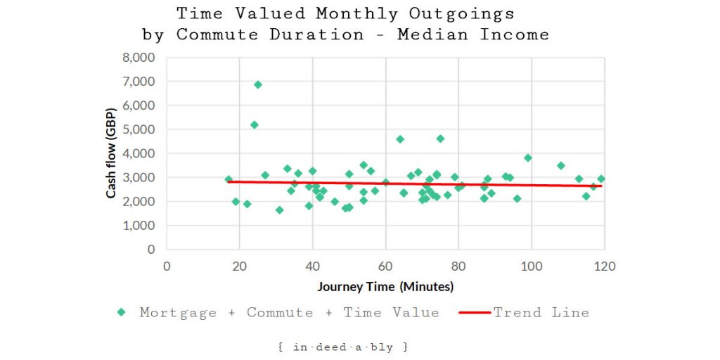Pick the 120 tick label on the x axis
[x=605, y=266]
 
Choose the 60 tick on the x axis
[x=385, y=266]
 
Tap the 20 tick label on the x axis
[x=239, y=266]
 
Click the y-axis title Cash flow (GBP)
[x=112, y=153]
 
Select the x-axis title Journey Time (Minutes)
[x=385, y=286]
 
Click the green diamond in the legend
[x=122, y=312]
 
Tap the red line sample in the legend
[x=475, y=312]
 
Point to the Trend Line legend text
[x=541, y=313]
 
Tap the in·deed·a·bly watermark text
[x=343, y=347]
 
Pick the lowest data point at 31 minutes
[x=279, y=210]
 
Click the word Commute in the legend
[x=280, y=313]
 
